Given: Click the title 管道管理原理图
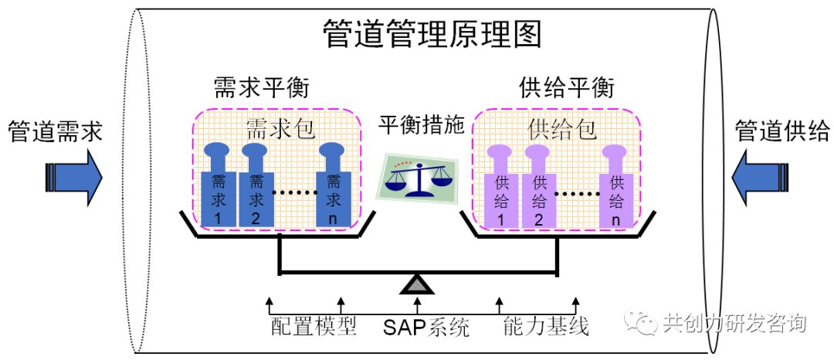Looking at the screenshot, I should pos(432,35).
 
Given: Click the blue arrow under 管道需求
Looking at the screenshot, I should pos(73,176).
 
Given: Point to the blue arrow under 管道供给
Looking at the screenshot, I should pos(761,176).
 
